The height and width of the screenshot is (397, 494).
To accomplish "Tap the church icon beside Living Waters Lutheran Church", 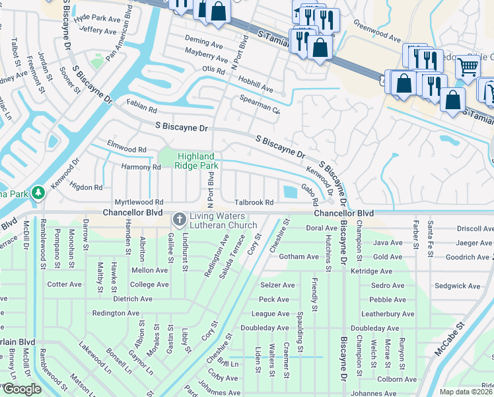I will click(x=179, y=219).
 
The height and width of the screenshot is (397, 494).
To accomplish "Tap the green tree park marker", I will click(x=38, y=192).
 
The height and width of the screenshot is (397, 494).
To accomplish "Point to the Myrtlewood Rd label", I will click(x=139, y=202).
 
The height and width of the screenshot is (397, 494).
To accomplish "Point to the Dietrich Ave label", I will click(x=133, y=299).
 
